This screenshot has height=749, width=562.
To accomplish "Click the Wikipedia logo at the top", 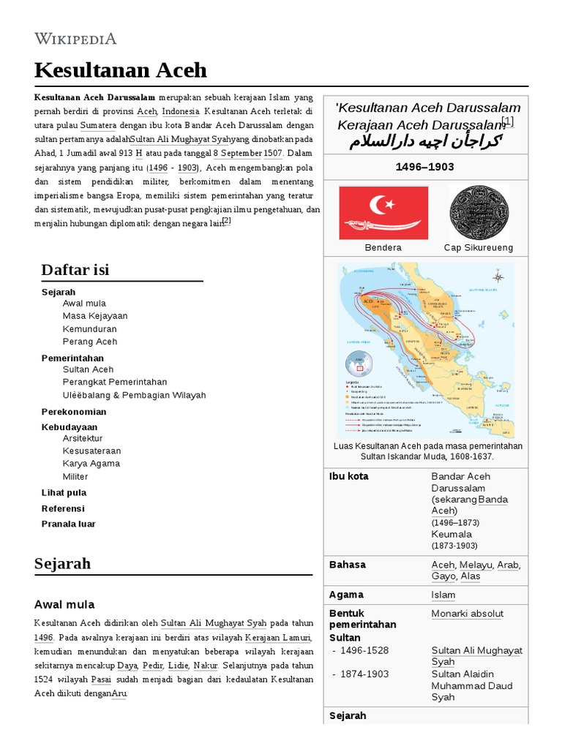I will (x=75, y=38).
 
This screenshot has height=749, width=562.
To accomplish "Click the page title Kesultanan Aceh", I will (x=121, y=70).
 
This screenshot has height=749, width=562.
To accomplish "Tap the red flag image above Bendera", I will (x=383, y=212).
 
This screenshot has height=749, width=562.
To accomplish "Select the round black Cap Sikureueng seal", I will (x=478, y=212).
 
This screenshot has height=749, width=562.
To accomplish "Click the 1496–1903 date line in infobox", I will (x=424, y=167).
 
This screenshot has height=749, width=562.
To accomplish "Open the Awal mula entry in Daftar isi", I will (x=84, y=303).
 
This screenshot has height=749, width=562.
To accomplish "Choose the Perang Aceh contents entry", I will (x=89, y=342).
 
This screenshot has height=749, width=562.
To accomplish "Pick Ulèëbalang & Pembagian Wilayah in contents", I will (x=134, y=395).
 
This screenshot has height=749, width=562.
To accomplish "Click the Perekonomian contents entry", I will (x=73, y=412).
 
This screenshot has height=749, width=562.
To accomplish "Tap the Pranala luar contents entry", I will (x=68, y=524).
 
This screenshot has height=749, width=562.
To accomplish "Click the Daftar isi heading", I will (x=75, y=270).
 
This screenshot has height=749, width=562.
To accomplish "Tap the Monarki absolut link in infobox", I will (x=468, y=614).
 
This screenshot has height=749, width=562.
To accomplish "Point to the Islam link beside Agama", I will (x=443, y=595).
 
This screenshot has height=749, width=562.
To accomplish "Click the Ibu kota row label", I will (x=349, y=476).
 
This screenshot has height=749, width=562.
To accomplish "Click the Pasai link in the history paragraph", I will (x=101, y=680).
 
